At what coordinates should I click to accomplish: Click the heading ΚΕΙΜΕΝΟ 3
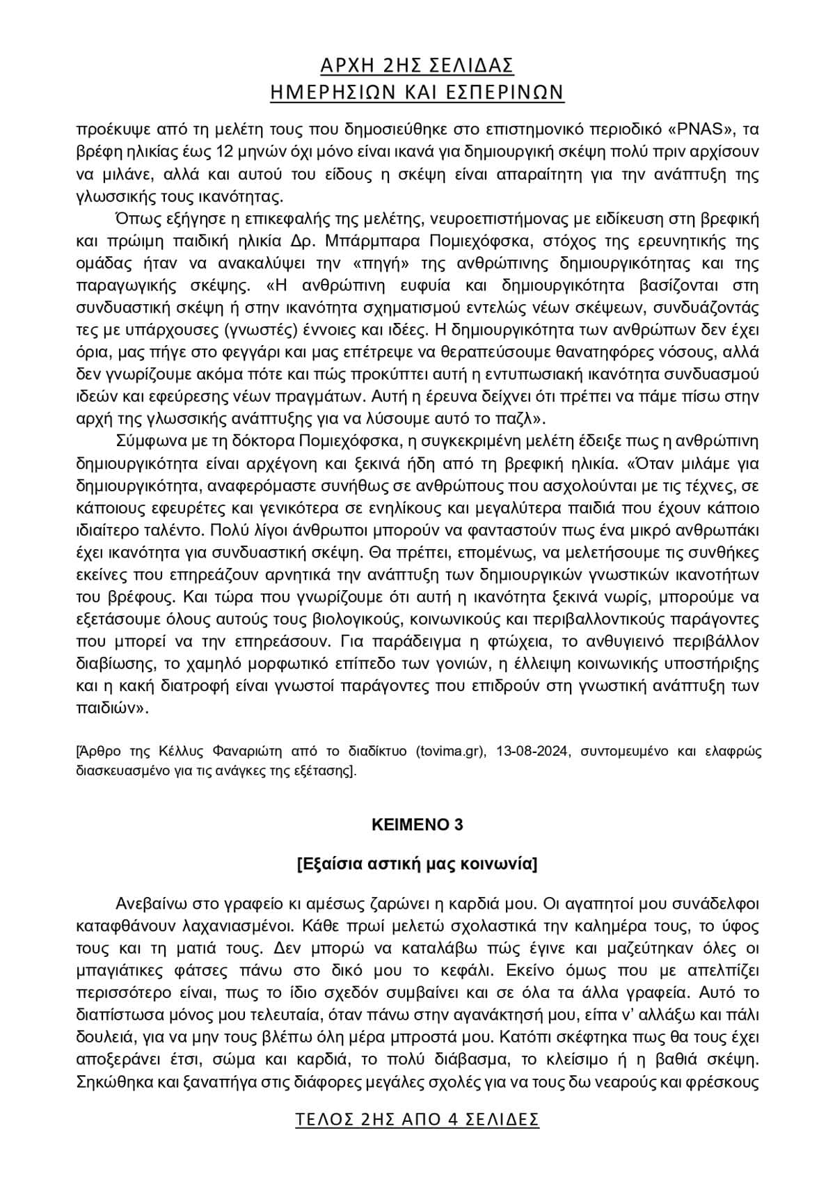(x=417, y=825)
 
